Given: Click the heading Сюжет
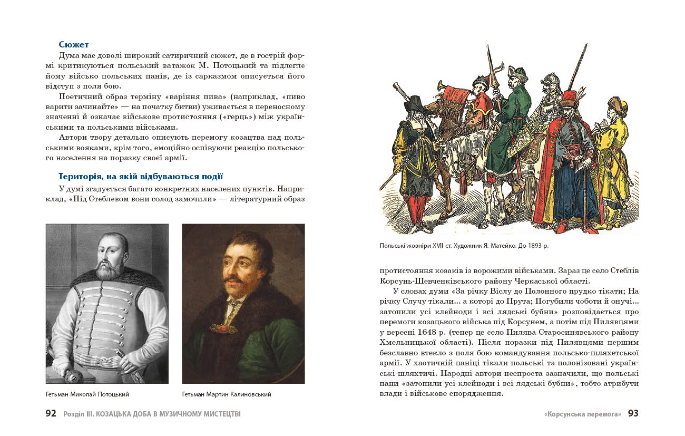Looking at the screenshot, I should coord(74,45).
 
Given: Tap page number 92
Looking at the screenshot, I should coord(51,414).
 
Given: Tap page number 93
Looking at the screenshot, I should coord(633,414).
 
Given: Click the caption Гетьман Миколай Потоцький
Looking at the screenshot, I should coord(87,394).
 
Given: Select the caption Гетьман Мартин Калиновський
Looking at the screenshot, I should coord(227,394).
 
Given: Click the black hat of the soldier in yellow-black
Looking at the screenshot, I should coord(415,102).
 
